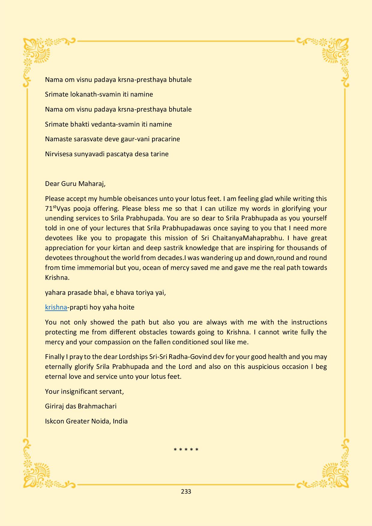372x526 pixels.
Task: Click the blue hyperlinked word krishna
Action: [56, 307]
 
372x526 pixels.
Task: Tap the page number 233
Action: [186, 491]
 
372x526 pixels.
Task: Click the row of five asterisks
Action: [186, 450]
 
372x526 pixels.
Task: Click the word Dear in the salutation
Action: [52, 184]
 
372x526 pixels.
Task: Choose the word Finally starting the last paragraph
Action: [55, 357]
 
